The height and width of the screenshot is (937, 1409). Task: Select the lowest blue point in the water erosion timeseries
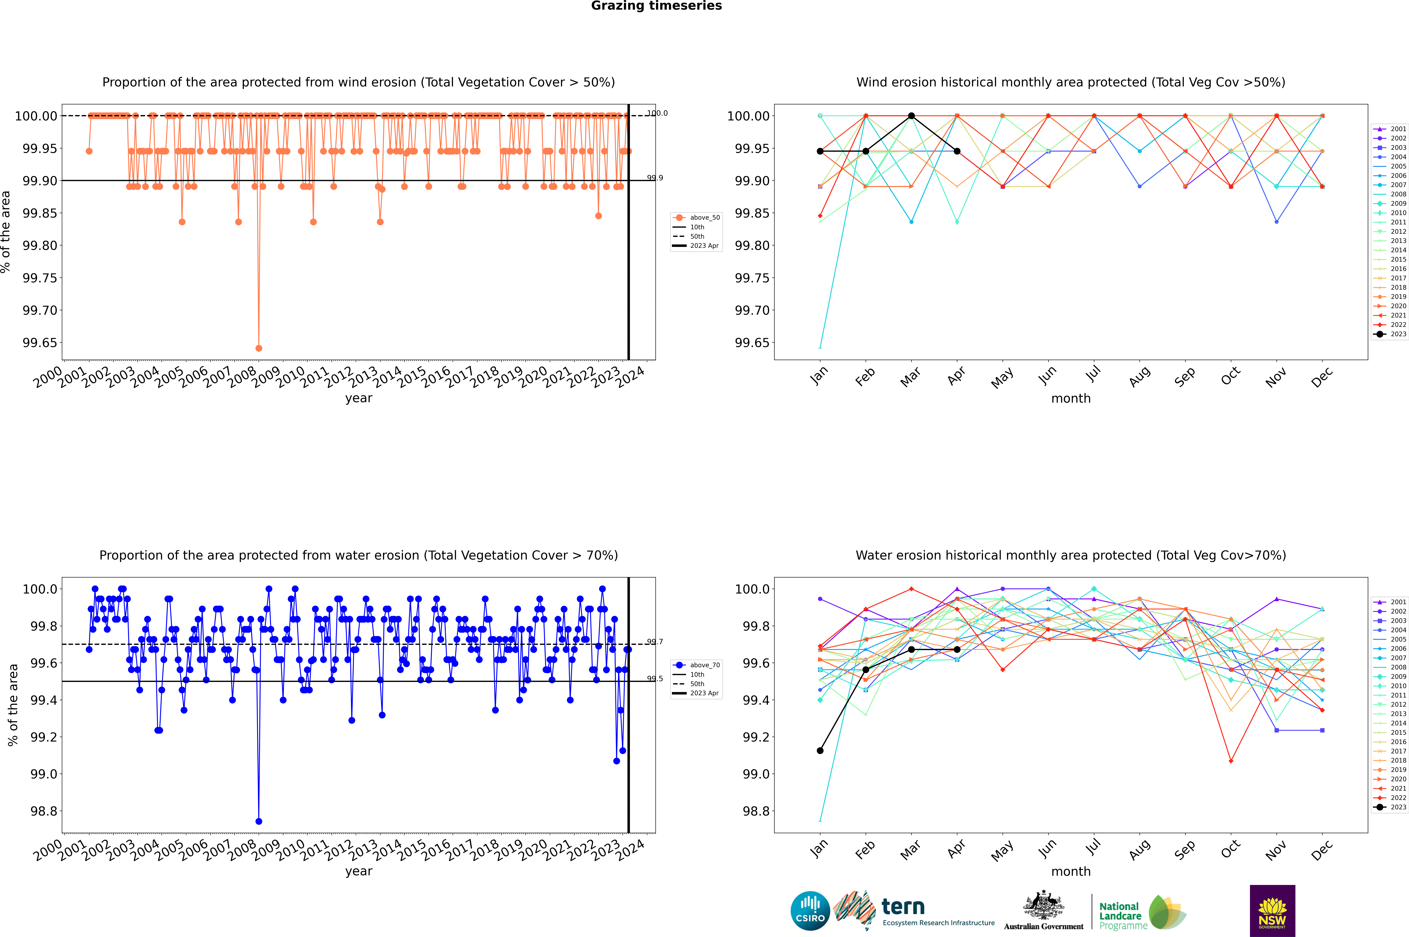click(x=259, y=821)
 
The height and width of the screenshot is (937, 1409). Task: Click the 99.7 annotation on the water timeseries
click(x=655, y=642)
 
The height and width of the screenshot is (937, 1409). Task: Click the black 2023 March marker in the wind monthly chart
click(x=911, y=116)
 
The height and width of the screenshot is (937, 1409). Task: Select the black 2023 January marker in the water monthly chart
click(x=820, y=751)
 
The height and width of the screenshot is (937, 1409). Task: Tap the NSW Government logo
click(x=1272, y=911)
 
